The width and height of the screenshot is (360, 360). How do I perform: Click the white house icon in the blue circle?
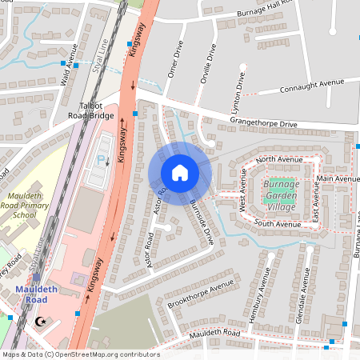(x=180, y=172)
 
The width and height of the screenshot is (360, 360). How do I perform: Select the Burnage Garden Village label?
(x=280, y=196)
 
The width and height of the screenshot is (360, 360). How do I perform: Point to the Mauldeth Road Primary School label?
(x=30, y=206)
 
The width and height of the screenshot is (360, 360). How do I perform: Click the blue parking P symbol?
(x=101, y=159)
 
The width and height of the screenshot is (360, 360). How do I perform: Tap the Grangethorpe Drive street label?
(x=263, y=124)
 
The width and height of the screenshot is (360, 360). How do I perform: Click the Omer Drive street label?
(x=170, y=61)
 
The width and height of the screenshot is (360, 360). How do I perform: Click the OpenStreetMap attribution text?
(x=80, y=354)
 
